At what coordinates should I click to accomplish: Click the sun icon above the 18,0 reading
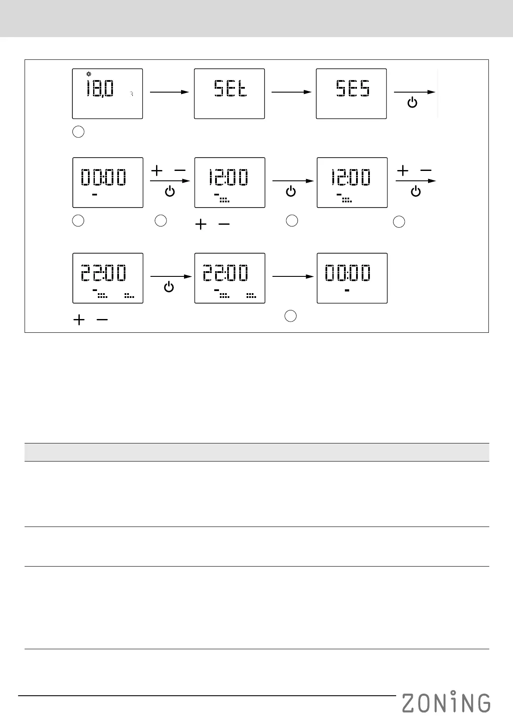click(89, 74)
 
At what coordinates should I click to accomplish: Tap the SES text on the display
click(353, 89)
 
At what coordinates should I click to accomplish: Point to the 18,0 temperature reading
click(100, 89)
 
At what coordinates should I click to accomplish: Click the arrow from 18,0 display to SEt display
click(169, 92)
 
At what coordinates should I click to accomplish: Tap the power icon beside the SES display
click(413, 103)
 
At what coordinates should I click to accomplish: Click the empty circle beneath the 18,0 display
click(78, 132)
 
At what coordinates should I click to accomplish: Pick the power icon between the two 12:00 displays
click(291, 192)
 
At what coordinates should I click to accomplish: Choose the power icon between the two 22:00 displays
click(169, 287)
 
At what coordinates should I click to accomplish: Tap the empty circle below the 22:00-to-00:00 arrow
click(291, 316)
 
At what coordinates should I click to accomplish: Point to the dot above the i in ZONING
click(453, 692)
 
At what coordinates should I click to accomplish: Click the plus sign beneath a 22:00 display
click(79, 320)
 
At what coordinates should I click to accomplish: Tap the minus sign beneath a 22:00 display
click(102, 320)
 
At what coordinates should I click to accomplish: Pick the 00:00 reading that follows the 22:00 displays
click(347, 273)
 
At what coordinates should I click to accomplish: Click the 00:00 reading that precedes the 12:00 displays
click(103, 177)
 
